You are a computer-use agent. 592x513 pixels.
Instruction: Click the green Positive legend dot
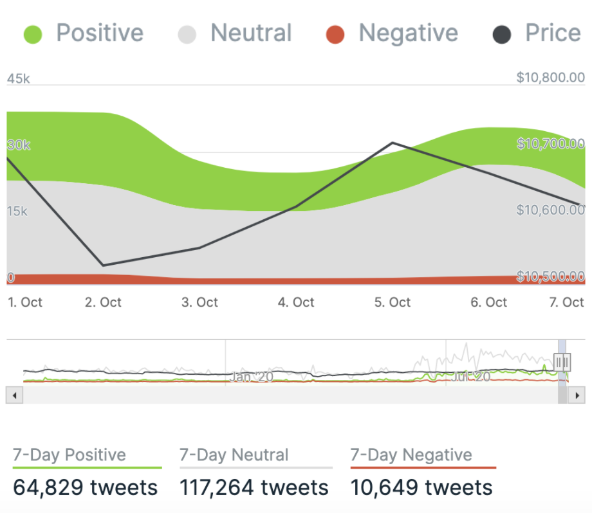tap(32, 34)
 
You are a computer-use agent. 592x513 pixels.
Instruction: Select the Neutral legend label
tap(251, 33)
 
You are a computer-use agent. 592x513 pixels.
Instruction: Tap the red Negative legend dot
tap(335, 34)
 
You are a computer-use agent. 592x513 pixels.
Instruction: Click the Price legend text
tap(553, 33)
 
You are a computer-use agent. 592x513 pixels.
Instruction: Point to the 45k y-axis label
tap(18, 79)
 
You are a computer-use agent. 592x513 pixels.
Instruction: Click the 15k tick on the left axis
tap(17, 212)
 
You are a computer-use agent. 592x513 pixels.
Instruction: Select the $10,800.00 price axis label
tap(550, 78)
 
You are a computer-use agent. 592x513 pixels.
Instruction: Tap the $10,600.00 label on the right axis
tap(550, 210)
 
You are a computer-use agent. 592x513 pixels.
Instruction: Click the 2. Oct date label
tap(103, 302)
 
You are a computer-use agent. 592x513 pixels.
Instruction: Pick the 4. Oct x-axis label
tap(296, 302)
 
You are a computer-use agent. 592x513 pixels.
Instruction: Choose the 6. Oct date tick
tap(489, 302)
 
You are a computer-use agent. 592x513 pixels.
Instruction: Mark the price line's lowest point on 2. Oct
tap(103, 265)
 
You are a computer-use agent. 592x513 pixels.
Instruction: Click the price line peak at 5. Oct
tap(393, 143)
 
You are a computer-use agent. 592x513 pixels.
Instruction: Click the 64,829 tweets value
tap(85, 487)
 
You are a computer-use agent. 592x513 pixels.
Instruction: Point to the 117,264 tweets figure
tap(254, 487)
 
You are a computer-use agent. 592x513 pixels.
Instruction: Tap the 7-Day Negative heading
tap(411, 455)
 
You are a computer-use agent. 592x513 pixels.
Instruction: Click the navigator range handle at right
tap(562, 363)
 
